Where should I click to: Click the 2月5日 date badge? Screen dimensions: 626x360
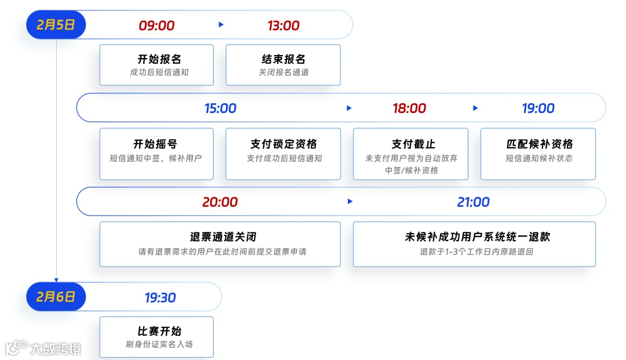(x=56, y=26)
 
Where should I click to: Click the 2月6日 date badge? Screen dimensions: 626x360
(x=56, y=297)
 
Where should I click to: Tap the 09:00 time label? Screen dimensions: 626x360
(x=156, y=26)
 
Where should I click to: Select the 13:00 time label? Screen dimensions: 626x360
(x=283, y=26)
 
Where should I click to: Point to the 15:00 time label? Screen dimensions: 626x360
(x=220, y=108)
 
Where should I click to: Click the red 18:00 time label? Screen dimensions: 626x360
(x=409, y=108)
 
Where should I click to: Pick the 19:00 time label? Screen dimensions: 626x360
(x=538, y=108)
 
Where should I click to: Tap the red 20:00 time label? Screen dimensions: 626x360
(x=220, y=202)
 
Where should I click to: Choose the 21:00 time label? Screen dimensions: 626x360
(x=473, y=202)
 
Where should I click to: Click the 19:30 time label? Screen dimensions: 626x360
(x=160, y=298)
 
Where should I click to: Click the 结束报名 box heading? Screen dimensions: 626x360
(x=283, y=59)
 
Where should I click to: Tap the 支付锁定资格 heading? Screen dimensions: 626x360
(x=283, y=144)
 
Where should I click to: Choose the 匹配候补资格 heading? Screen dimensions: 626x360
(x=539, y=144)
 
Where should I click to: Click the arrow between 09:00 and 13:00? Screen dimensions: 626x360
(x=221, y=25)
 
